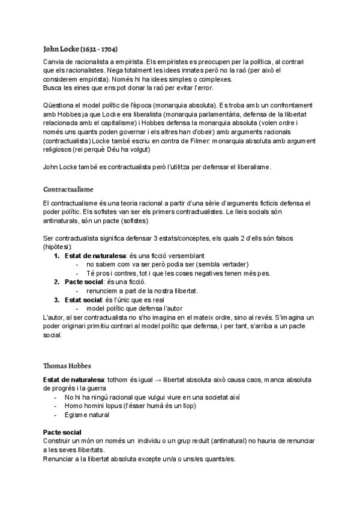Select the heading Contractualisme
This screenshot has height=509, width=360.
click(x=68, y=188)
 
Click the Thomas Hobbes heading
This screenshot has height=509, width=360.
click(x=67, y=365)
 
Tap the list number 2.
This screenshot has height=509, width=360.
click(x=57, y=282)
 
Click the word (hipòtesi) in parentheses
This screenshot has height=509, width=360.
click(x=58, y=247)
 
